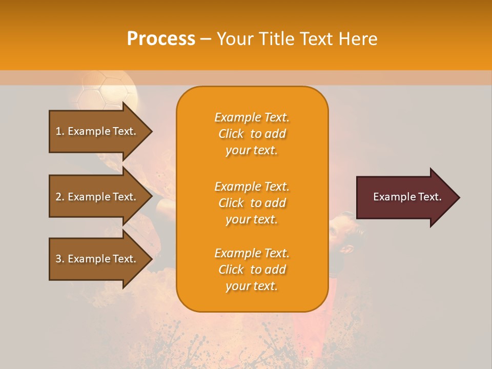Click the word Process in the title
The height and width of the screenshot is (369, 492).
[161, 39]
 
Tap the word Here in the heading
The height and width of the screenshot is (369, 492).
[357, 39]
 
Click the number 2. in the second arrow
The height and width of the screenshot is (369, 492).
[60, 197]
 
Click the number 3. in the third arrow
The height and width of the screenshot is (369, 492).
[60, 259]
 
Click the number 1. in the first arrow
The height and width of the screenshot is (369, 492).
[60, 131]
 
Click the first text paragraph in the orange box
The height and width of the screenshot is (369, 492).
[252, 134]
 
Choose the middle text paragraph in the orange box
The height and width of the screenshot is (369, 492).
[252, 203]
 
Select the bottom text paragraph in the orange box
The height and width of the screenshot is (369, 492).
[252, 270]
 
